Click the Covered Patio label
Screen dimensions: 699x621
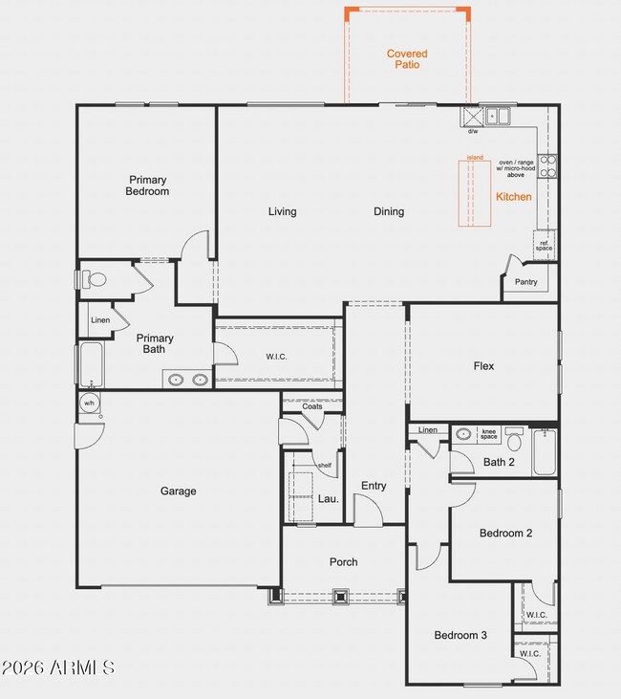(407, 59)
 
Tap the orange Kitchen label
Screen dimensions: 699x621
(513, 197)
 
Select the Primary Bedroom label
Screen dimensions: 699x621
(147, 186)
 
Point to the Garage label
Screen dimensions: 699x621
(178, 491)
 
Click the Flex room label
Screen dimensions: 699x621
(483, 365)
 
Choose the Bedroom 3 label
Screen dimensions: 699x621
(460, 635)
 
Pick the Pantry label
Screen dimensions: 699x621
(525, 282)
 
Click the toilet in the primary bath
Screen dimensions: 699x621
(92, 280)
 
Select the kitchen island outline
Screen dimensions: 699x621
(475, 194)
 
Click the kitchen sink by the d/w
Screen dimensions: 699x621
(498, 117)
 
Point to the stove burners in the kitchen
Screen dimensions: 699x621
(547, 166)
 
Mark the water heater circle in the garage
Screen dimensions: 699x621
(88, 404)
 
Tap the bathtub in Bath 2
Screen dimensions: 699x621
(544, 451)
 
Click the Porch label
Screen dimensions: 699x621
(343, 562)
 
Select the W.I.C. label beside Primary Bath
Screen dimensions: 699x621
(276, 357)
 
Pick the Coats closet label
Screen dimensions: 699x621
(311, 406)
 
